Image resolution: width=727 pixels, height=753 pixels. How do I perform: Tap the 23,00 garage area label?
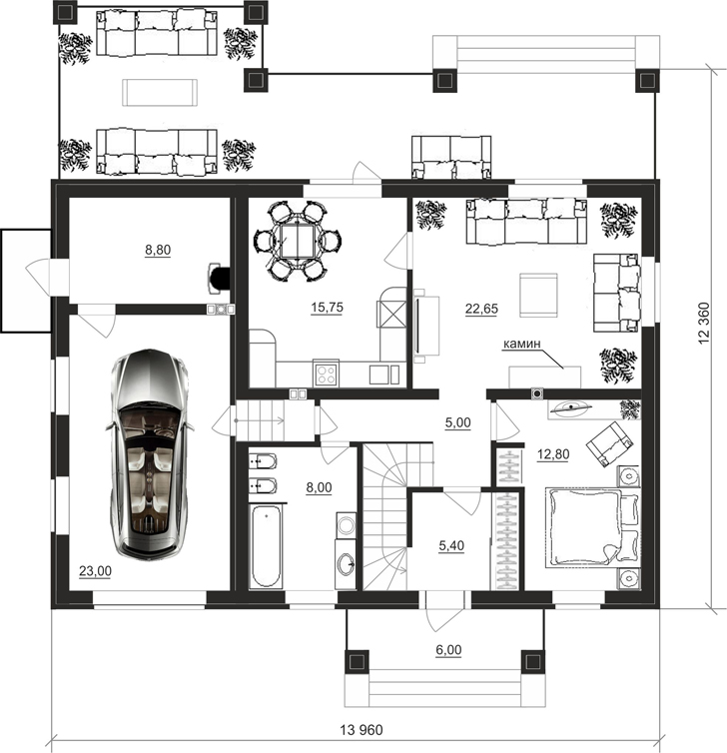pyautogui.click(x=95, y=571)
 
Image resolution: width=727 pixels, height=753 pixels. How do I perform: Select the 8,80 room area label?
pyautogui.click(x=158, y=250)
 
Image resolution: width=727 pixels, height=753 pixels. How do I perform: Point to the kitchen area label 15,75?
pyautogui.click(x=327, y=307)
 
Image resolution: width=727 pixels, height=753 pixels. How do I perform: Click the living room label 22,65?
pyautogui.click(x=481, y=309)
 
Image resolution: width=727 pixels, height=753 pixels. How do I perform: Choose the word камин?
pyautogui.click(x=522, y=344)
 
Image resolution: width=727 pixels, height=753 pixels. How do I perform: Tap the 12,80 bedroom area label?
pyautogui.click(x=553, y=453)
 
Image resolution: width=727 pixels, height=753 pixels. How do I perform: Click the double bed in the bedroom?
pyautogui.click(x=592, y=527)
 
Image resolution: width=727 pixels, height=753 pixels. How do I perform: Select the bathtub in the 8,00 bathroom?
pyautogui.click(x=265, y=545)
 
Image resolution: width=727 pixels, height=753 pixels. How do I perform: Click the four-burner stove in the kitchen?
pyautogui.click(x=326, y=375)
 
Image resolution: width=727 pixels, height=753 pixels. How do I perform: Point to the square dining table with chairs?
pyautogui.click(x=298, y=241)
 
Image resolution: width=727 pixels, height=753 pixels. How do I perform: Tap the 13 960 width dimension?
pyautogui.click(x=362, y=730)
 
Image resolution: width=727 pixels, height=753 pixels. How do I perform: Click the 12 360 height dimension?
pyautogui.click(x=703, y=323)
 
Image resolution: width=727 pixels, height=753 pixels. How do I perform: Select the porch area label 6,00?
pyautogui.click(x=448, y=650)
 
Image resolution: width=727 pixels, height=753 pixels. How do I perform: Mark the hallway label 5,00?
pyautogui.click(x=458, y=422)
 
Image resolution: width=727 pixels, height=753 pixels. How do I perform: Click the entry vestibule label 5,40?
pyautogui.click(x=451, y=545)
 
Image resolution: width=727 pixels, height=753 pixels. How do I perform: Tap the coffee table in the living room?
pyautogui.click(x=539, y=295)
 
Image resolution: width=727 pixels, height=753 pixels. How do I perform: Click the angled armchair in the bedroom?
pyautogui.click(x=608, y=442)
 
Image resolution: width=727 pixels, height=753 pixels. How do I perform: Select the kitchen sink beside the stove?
pyautogui.click(x=383, y=375)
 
